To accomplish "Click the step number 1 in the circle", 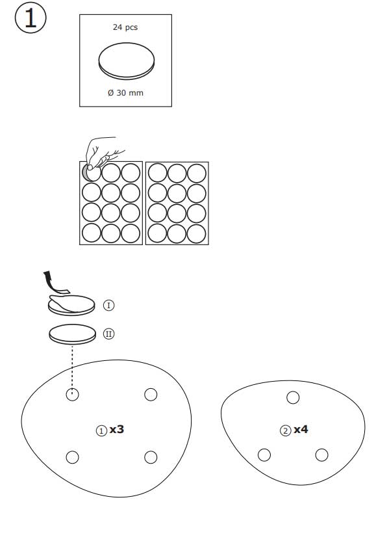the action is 31,18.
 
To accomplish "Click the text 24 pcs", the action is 125,27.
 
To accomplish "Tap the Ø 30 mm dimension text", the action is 125,93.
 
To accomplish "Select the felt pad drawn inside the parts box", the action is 127,61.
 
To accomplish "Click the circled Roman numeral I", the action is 108,306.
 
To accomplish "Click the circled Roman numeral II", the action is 108,334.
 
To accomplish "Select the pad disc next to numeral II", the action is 72,334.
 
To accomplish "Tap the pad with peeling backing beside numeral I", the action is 71,305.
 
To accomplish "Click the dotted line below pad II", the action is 72,369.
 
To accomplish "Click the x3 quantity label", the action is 116,430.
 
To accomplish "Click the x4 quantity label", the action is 301,430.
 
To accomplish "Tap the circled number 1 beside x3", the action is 101,431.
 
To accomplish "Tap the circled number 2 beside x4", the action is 285,431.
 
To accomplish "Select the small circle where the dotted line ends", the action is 72,395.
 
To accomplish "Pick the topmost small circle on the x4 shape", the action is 293,397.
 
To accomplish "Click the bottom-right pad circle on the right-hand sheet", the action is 197,233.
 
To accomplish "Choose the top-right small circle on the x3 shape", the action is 151,394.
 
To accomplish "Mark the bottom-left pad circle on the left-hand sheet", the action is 92,233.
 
